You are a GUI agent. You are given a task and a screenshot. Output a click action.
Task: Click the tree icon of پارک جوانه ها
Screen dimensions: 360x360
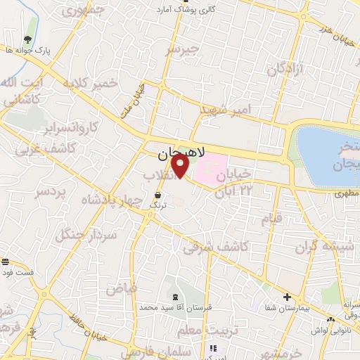[x=27, y=40]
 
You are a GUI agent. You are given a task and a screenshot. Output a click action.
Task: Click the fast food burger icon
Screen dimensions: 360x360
[x=6, y=262]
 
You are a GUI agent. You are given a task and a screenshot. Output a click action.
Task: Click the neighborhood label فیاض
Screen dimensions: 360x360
[x=116, y=288]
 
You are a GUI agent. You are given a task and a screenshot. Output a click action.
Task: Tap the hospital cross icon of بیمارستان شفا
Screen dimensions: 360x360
[x=287, y=297]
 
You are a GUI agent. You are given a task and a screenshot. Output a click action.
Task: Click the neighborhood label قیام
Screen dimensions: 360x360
[x=273, y=218]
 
